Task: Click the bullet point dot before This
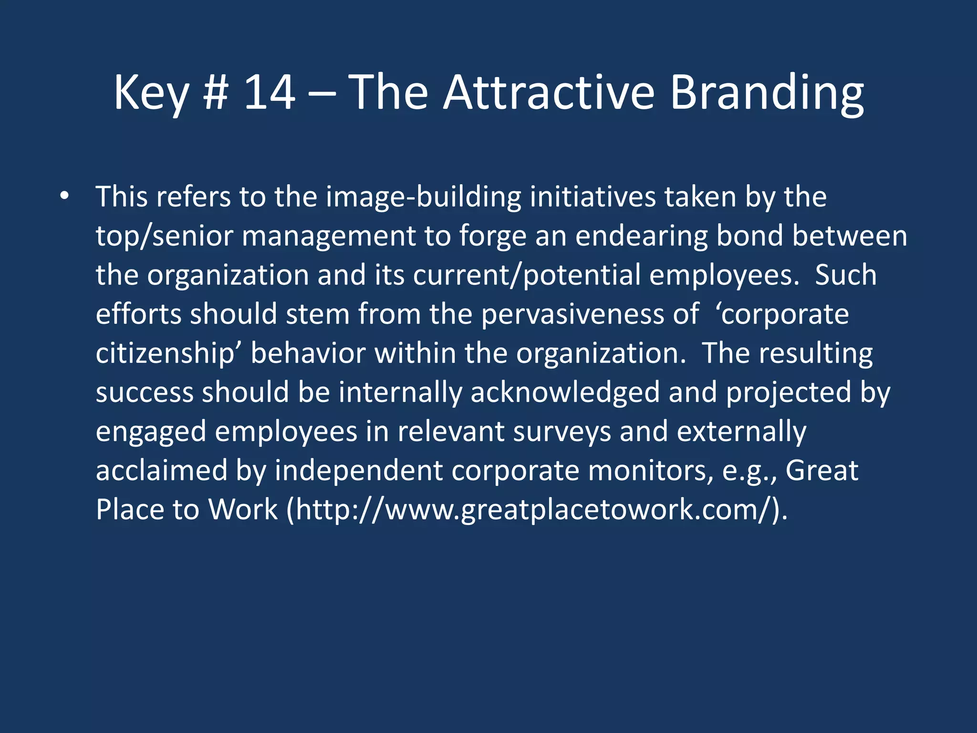(64, 196)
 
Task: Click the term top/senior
(164, 236)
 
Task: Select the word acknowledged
(565, 393)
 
